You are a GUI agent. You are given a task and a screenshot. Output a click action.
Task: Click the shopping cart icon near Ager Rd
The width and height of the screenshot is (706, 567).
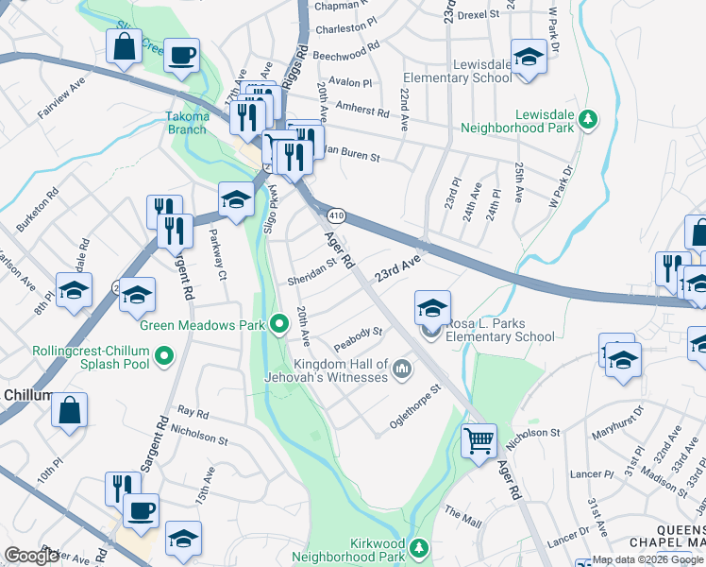pyautogui.click(x=479, y=440)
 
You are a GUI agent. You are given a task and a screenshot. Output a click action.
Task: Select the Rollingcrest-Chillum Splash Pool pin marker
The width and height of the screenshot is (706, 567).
pyautogui.click(x=165, y=357)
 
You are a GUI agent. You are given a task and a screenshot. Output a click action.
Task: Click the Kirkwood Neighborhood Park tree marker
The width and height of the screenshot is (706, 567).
pyautogui.click(x=423, y=547)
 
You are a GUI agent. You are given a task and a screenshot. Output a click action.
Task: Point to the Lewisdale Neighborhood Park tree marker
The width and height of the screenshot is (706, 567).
pyautogui.click(x=588, y=119)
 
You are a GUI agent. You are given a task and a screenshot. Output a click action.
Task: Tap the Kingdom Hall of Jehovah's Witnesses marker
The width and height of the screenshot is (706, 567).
pyautogui.click(x=402, y=368)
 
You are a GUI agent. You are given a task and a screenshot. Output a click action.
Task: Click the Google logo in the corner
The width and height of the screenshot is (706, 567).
pyautogui.click(x=32, y=555)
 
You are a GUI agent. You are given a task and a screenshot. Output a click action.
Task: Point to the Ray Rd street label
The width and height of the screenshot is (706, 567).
pyautogui.click(x=193, y=412)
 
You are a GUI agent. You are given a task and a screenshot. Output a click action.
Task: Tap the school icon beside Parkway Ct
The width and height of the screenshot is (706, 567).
pyautogui.click(x=236, y=198)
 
